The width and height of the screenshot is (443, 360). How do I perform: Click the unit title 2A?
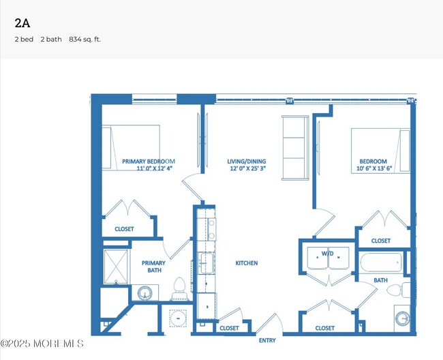(22, 23)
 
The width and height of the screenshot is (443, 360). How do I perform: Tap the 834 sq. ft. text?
(85, 40)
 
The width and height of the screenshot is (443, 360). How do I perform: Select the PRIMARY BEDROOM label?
(149, 162)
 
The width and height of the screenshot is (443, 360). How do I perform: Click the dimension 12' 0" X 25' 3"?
(248, 168)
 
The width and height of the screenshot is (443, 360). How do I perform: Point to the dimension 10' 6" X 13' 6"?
(374, 168)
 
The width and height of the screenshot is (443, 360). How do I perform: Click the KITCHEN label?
(247, 263)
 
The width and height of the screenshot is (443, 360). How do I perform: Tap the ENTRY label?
(267, 340)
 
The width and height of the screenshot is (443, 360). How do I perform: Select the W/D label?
(327, 254)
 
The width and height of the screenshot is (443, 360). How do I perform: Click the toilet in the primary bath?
(179, 289)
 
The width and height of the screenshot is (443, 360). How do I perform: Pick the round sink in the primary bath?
(145, 293)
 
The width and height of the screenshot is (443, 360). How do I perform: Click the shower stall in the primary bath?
(116, 267)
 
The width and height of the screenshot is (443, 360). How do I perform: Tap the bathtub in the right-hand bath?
(381, 262)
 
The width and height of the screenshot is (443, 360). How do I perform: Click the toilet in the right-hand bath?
(399, 290)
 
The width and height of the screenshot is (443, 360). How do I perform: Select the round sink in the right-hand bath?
(402, 318)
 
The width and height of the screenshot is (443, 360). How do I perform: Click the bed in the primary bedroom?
(131, 147)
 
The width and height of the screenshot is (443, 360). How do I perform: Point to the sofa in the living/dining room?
(295, 147)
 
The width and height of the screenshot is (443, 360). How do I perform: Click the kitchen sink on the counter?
(207, 263)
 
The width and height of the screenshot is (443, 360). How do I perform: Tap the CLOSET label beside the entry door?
(229, 328)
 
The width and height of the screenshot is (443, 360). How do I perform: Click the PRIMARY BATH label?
(154, 267)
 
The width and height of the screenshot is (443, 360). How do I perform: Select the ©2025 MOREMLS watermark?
(42, 344)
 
